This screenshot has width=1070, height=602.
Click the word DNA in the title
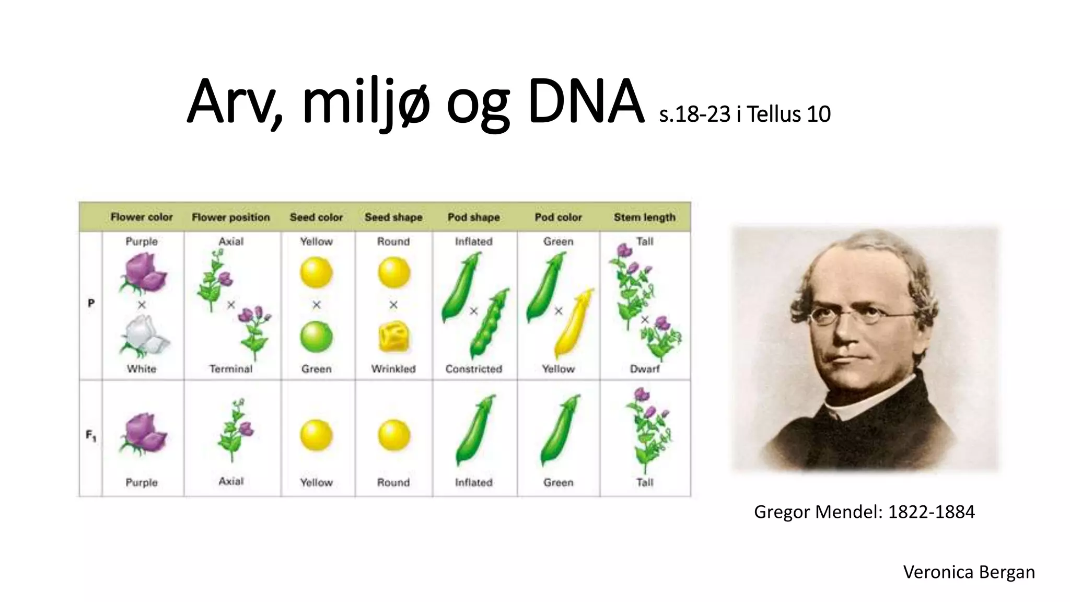[x=585, y=102]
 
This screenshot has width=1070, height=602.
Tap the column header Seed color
[x=316, y=217]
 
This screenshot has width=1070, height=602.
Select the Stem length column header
[x=644, y=217]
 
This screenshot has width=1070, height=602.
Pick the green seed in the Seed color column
[x=316, y=337]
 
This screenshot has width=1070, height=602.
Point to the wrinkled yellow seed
[x=393, y=337]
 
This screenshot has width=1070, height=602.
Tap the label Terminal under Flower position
[x=230, y=369]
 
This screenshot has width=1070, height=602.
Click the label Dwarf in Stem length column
[x=644, y=369]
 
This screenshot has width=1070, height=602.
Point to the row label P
[x=91, y=303]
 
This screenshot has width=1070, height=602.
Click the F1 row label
[x=91, y=435]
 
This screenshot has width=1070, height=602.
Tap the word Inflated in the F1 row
[x=473, y=482]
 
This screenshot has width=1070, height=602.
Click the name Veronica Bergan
[x=969, y=572]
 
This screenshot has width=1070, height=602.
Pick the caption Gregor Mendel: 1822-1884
[x=864, y=512]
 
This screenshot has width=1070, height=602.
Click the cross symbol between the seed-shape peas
[x=393, y=305]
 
